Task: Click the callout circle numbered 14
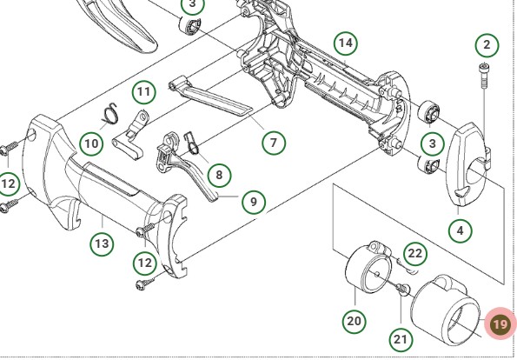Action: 346,43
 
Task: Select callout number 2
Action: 487,45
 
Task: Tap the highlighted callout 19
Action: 500,323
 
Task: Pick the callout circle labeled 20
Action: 355,321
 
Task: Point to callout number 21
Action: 401,339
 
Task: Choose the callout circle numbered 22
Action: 415,253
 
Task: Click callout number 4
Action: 461,230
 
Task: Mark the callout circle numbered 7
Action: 274,143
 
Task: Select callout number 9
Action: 254,202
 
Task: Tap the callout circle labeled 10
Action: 91,143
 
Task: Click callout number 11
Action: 143,91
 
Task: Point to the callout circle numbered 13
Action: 102,243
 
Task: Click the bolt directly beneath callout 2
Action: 484,76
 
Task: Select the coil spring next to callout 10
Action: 109,115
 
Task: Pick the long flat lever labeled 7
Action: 211,97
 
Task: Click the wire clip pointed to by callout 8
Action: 192,143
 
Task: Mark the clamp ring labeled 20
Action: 368,267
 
